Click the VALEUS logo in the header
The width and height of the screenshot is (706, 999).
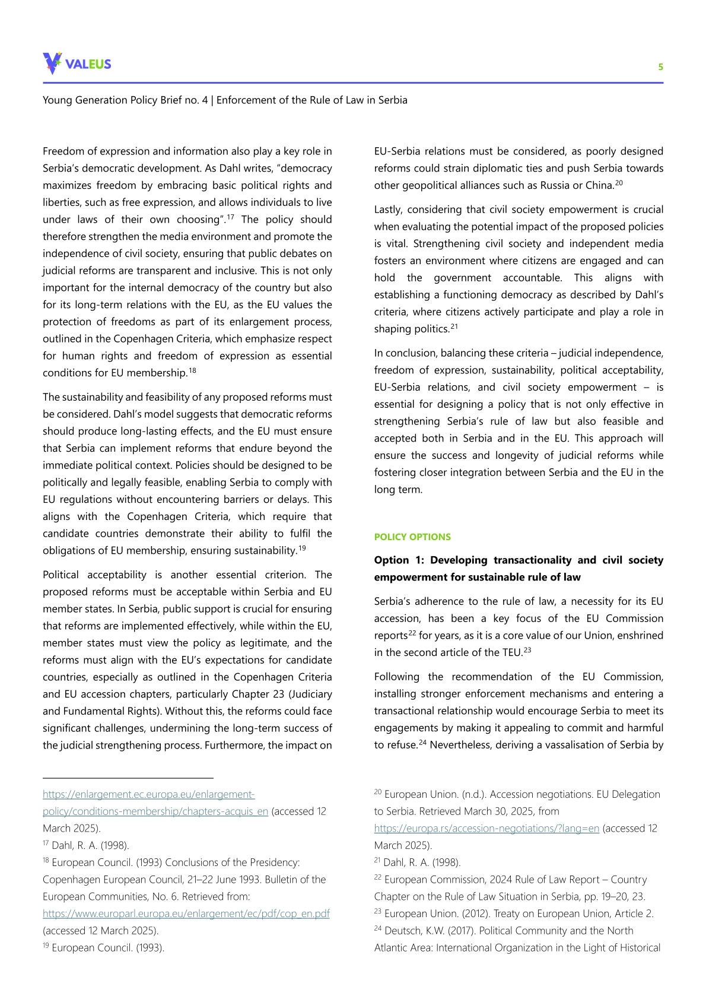pyautogui.click(x=77, y=64)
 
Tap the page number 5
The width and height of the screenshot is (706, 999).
pyautogui.click(x=660, y=67)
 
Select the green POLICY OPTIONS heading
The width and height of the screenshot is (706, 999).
pyautogui.click(x=412, y=537)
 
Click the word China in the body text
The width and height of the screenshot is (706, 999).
pyautogui.click(x=600, y=185)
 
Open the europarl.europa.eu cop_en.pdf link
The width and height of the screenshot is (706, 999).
pyautogui.click(x=186, y=914)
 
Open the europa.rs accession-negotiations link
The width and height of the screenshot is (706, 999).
pyautogui.click(x=486, y=828)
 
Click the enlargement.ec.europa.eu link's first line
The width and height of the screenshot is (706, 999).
pyautogui.click(x=148, y=794)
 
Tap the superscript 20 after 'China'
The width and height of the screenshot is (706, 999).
pyautogui.click(x=619, y=182)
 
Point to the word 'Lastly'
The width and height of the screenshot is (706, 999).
pyautogui.click(x=389, y=210)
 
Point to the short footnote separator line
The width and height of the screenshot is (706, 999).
pyautogui.click(x=128, y=778)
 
